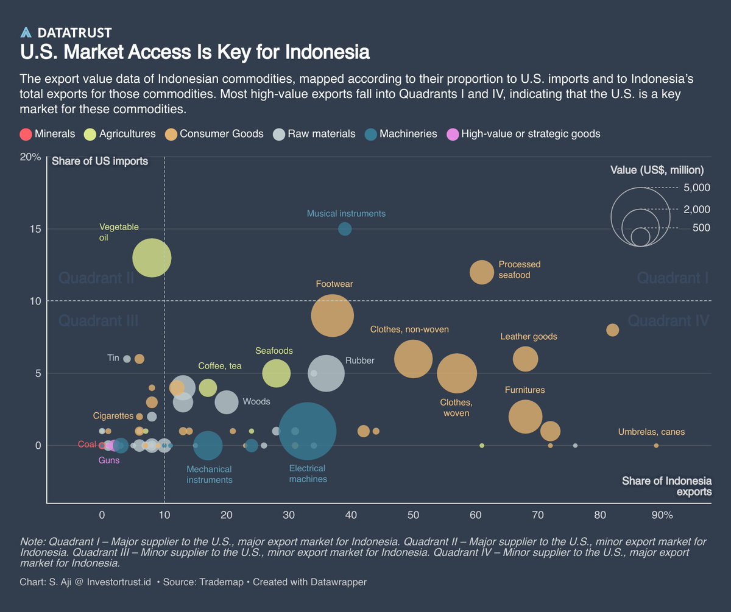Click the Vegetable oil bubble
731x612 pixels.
[151, 258]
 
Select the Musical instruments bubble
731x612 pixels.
[345, 229]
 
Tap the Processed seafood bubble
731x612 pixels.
[482, 272]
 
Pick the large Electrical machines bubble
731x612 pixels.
[308, 431]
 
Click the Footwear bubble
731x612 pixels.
[333, 315]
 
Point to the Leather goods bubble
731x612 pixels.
[525, 359]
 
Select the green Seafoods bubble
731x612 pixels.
[277, 373]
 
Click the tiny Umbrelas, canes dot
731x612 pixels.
[656, 446]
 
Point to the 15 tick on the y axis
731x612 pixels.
[35, 229]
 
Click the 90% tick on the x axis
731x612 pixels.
[662, 515]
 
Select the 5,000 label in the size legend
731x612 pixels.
[697, 188]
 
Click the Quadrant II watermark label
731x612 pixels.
[96, 278]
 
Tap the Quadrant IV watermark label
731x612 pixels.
[668, 321]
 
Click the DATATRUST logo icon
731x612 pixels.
[26, 33]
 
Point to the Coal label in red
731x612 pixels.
[87, 445]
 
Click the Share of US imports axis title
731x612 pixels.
[100, 161]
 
